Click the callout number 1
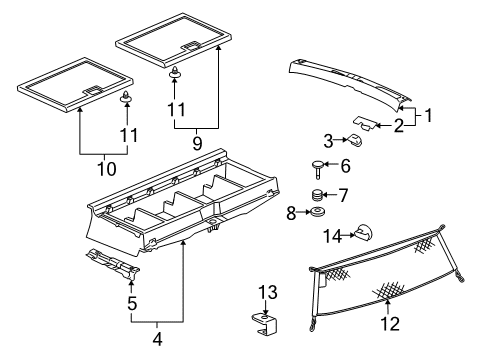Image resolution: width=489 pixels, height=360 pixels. point(430,116)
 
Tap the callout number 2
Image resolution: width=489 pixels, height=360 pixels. point(397,125)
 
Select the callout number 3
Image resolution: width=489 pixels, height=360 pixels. point(327,139)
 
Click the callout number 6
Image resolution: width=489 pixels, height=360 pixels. point(346,166)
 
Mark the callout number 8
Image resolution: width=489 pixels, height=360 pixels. point(292,212)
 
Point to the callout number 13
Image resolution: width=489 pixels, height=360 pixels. point(265,291)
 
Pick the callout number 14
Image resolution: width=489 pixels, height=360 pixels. point(331,236)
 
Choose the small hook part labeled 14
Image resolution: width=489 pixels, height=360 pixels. point(364,234)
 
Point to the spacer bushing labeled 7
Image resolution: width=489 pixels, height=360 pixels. point(319,194)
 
